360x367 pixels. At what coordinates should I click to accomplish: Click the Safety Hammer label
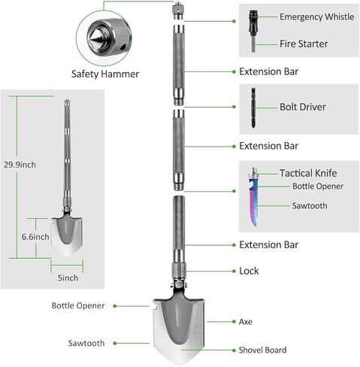click(105, 74)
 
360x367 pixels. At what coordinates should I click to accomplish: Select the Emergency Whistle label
click(316, 17)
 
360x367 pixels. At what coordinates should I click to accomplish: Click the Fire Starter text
click(304, 44)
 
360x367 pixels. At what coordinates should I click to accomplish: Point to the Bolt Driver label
click(303, 107)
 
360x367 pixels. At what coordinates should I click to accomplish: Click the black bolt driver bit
click(253, 108)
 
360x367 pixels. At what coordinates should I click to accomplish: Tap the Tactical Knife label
click(308, 173)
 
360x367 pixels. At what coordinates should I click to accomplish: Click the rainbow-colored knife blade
click(253, 201)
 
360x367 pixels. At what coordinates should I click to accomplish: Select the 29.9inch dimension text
click(20, 165)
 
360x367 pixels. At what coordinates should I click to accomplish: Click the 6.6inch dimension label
click(35, 237)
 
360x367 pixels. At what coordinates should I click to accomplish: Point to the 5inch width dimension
click(68, 278)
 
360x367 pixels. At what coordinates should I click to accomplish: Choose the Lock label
click(249, 271)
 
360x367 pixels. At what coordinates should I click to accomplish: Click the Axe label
click(246, 322)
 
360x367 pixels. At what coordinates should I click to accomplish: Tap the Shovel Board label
click(262, 350)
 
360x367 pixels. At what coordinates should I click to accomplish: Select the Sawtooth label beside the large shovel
click(86, 343)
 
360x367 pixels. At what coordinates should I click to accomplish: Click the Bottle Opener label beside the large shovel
click(78, 305)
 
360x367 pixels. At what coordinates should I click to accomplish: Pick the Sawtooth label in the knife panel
click(310, 206)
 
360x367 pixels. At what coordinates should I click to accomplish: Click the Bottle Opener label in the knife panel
click(318, 187)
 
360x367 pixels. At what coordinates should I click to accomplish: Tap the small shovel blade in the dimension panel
click(67, 237)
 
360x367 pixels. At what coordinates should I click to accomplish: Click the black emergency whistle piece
click(253, 23)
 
